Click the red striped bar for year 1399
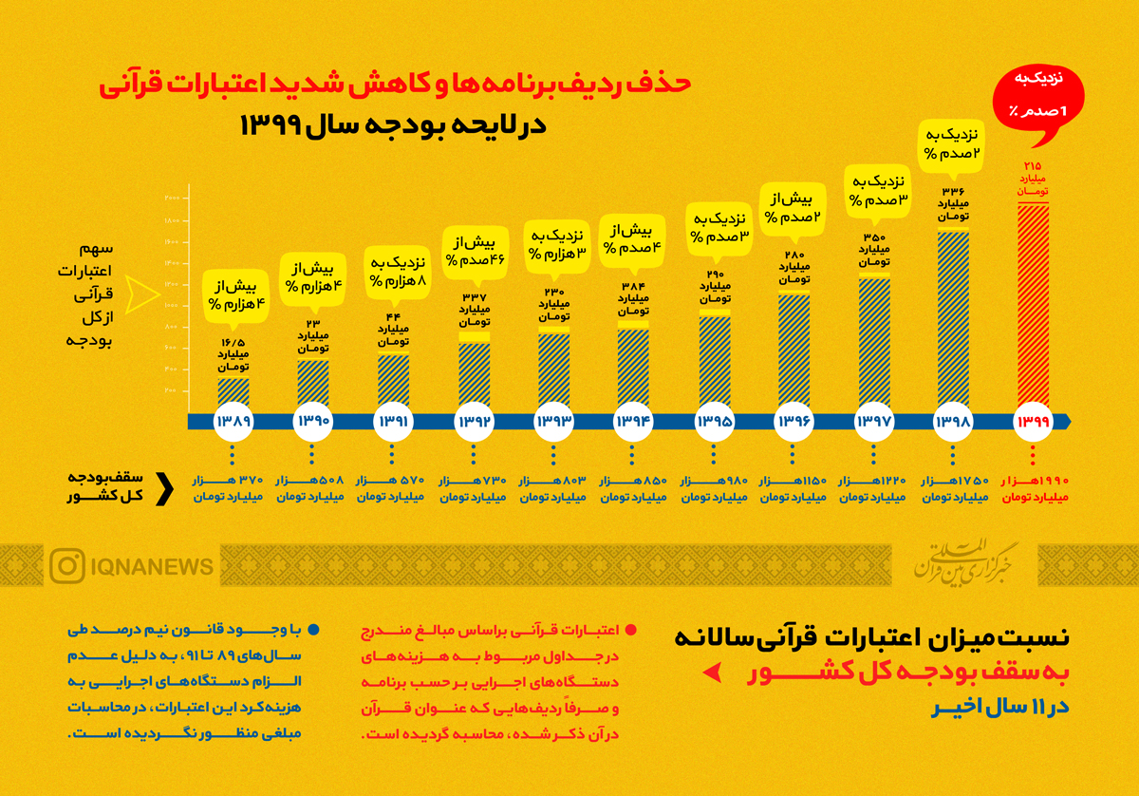click(1033, 309)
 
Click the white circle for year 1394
click(633, 421)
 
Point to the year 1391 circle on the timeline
click(393, 421)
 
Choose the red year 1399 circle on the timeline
click(1033, 421)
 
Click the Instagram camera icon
click(67, 566)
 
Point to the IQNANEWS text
click(152, 567)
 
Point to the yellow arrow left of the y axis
click(145, 294)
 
